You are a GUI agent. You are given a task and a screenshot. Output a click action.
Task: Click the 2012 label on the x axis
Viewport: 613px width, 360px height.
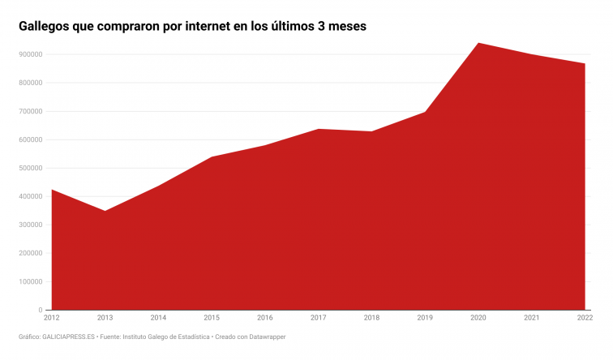53,318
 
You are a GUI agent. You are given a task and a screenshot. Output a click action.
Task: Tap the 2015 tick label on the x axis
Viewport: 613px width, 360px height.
212,318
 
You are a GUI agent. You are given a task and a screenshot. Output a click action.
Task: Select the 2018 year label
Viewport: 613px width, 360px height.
371,318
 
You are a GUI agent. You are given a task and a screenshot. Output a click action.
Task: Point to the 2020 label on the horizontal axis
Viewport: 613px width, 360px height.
478,318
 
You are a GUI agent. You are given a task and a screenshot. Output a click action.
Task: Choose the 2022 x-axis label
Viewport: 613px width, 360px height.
584,318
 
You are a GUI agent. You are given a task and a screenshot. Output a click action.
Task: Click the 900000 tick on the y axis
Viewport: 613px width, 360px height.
30,54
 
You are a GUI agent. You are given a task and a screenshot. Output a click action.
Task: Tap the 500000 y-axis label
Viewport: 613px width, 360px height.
30,168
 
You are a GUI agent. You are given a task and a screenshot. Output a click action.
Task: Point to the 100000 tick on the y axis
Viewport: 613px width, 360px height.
30,281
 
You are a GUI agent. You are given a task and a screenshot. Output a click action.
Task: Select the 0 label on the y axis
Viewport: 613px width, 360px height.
40,310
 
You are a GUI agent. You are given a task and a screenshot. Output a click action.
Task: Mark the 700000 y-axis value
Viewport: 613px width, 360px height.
30,111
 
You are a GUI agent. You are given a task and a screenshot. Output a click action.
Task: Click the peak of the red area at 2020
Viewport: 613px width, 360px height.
478,43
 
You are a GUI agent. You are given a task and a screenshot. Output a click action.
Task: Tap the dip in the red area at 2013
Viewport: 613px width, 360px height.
105,211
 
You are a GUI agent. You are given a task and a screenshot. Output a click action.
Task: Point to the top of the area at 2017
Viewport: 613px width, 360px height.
319,129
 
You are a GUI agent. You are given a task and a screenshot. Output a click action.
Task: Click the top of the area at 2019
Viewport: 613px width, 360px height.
425,112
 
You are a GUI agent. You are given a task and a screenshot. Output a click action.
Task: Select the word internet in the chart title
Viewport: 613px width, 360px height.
210,26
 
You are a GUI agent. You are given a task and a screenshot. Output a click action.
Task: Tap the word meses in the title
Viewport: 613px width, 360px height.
346,26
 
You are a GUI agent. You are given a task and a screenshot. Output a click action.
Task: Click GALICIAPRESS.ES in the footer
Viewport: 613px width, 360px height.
67,336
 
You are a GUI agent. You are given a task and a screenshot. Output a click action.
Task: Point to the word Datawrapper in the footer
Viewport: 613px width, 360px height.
263,336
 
